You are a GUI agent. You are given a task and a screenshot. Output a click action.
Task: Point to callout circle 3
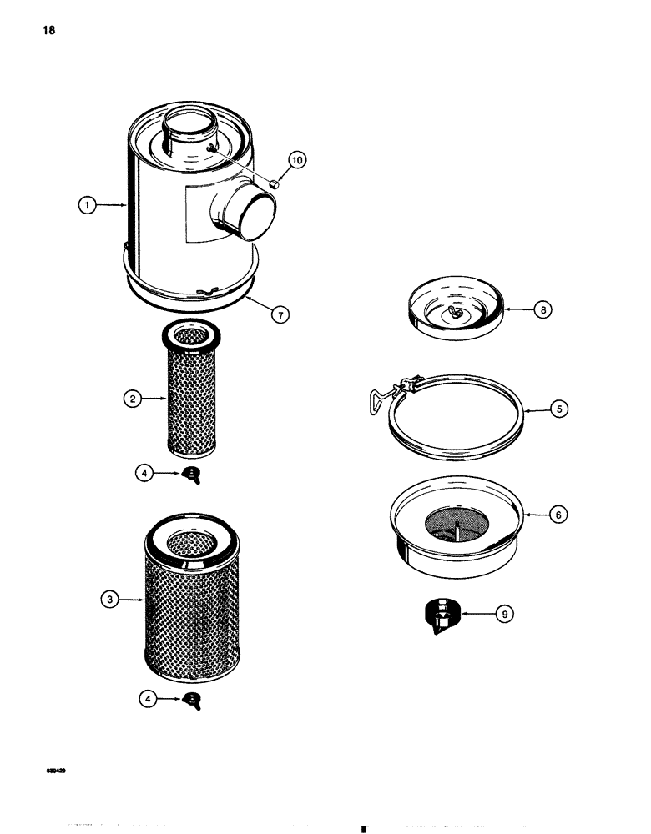108,598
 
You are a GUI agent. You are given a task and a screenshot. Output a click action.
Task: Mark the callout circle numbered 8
546,309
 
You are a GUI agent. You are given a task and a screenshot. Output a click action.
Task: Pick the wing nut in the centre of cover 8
456,312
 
